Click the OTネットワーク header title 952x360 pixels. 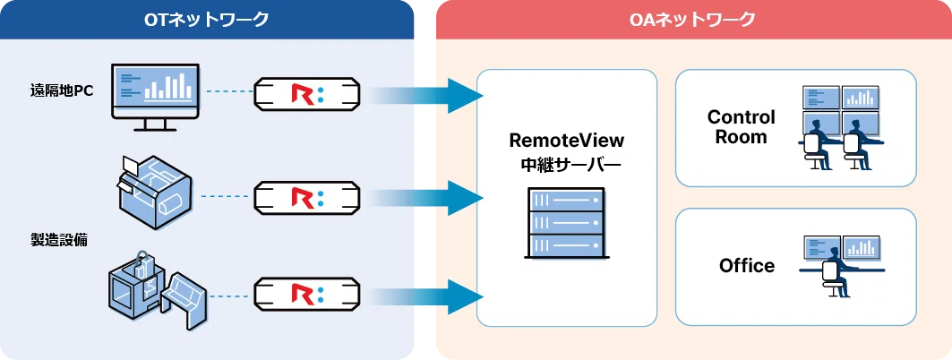point(207,19)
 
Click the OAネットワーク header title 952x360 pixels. point(692,19)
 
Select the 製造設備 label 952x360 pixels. point(59,240)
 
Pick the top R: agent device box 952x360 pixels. point(307,91)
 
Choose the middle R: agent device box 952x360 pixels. point(307,194)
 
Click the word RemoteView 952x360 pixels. point(566,141)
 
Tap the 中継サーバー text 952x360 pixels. point(566,165)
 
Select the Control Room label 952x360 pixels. point(741,127)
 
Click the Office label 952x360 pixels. point(746,266)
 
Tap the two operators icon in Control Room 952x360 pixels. point(840,127)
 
